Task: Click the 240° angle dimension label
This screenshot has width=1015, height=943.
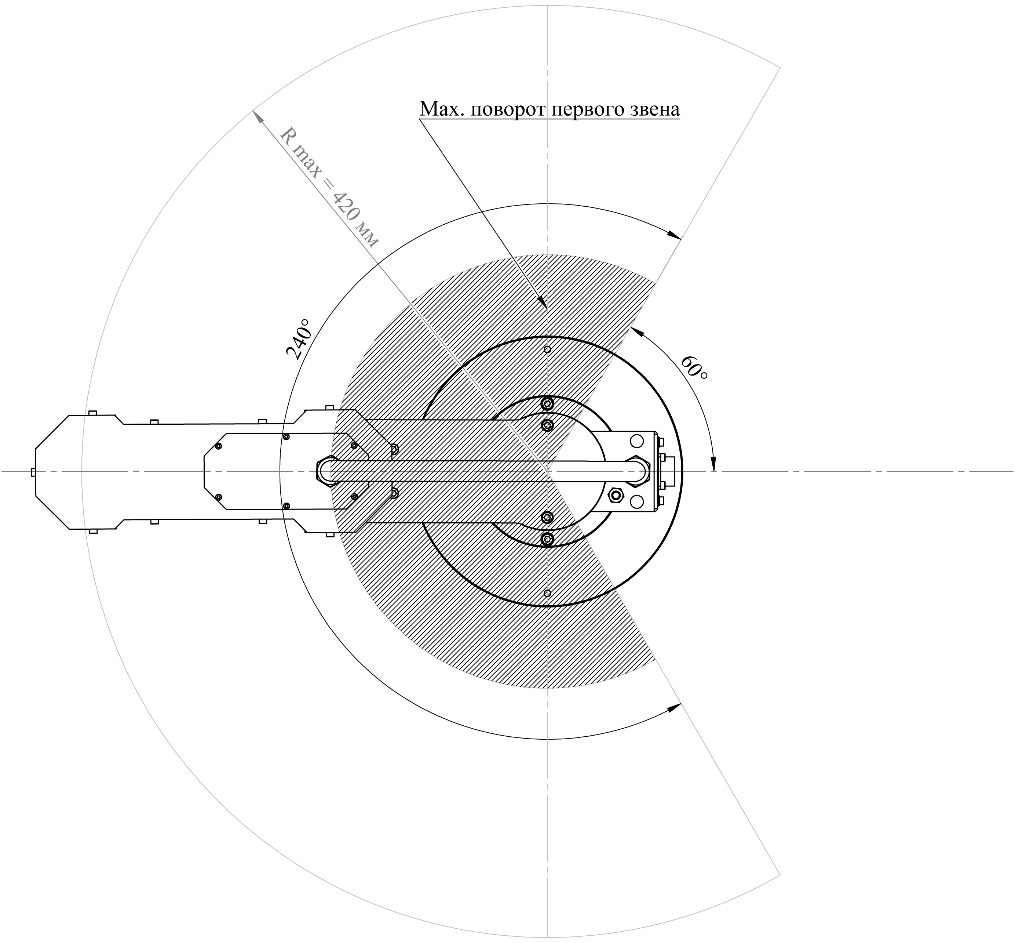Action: [x=298, y=340]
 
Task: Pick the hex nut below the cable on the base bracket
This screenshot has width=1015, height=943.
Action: [x=616, y=494]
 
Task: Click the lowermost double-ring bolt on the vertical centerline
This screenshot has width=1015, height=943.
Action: [x=547, y=539]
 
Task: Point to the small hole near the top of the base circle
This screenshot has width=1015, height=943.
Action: [x=547, y=349]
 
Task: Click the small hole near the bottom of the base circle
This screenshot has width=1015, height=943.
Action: [x=547, y=593]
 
